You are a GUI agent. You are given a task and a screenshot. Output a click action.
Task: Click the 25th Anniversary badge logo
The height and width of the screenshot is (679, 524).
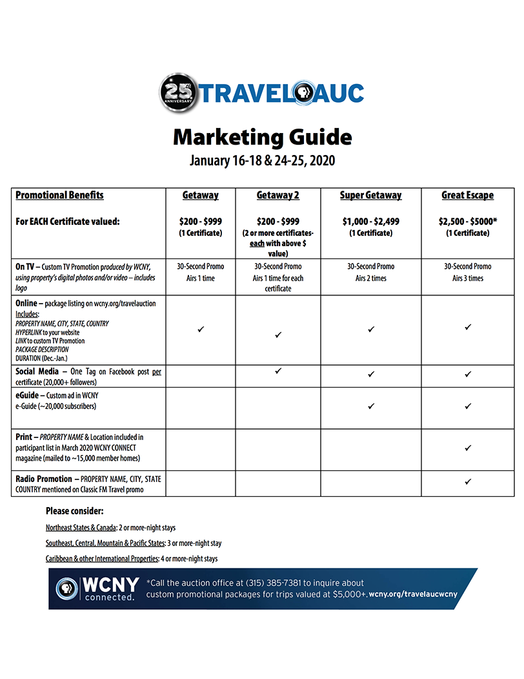tap(178, 93)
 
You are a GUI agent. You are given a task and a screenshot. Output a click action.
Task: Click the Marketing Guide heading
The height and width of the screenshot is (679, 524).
tap(262, 137)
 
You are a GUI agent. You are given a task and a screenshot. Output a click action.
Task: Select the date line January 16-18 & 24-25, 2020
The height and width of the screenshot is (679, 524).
tap(262, 160)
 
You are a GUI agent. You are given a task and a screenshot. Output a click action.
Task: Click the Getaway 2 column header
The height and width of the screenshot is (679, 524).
tap(278, 195)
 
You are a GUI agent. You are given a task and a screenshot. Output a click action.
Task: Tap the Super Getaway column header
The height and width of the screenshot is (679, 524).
tap(370, 195)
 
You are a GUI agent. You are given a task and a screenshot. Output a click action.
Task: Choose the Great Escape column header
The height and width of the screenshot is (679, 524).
tap(467, 195)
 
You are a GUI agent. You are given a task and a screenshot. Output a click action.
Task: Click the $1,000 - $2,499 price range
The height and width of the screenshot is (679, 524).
tap(370, 222)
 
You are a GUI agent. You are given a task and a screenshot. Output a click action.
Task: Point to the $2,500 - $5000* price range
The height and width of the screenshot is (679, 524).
tap(467, 222)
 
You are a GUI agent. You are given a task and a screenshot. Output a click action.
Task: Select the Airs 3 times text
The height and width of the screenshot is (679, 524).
tap(467, 278)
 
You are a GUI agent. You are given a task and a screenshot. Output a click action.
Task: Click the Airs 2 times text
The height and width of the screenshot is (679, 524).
tap(370, 278)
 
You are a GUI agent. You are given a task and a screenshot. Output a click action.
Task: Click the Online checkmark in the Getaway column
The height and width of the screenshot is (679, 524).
tap(201, 329)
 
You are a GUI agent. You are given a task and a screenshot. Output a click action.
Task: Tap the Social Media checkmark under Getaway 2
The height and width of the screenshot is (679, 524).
tap(278, 371)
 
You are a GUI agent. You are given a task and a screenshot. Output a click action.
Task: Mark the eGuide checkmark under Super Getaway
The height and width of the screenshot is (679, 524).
tap(371, 406)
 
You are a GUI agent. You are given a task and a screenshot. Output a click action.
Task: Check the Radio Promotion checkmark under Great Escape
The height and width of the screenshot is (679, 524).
tap(468, 481)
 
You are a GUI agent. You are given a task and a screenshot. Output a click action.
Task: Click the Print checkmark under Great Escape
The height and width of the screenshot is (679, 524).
tap(468, 448)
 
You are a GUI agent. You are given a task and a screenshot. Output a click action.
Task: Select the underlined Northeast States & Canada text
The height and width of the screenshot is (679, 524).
tap(81, 528)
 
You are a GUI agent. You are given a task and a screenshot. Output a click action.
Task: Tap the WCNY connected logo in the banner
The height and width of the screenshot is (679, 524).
tap(98, 589)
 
